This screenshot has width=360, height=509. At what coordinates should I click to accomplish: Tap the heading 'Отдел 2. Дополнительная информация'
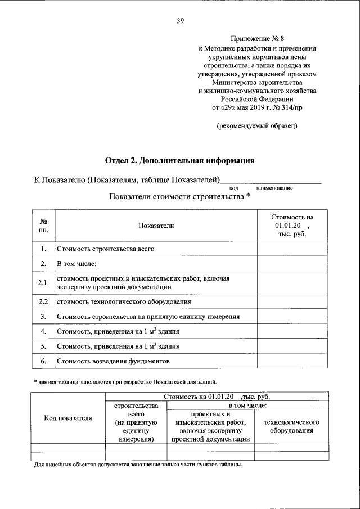[x=179, y=160]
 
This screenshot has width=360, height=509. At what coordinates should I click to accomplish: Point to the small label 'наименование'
[x=274, y=188]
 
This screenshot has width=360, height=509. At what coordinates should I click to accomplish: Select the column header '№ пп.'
[x=43, y=226]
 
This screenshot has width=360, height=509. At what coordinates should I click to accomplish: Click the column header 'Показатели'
[x=156, y=226]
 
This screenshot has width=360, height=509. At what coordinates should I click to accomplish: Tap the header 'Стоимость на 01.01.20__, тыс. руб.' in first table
[x=292, y=225]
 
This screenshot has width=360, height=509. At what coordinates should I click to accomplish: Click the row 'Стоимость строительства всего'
[x=105, y=248]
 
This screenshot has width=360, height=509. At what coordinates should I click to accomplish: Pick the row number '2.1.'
[x=43, y=282]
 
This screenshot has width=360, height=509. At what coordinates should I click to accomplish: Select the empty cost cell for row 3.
[x=292, y=317]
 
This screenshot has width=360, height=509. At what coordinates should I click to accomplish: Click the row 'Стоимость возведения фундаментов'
[x=112, y=361]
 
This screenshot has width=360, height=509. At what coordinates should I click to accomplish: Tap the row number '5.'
[x=43, y=346]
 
